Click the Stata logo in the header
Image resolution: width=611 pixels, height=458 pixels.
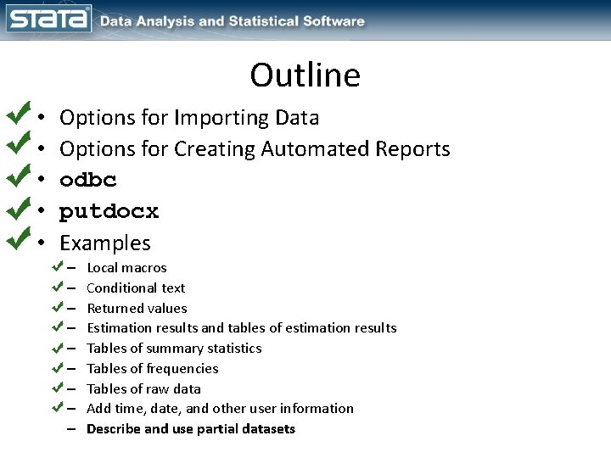(48, 20)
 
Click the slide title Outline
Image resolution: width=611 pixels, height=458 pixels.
(305, 75)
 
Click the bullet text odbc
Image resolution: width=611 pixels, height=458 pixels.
(88, 181)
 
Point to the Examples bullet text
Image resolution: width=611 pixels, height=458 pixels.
(104, 243)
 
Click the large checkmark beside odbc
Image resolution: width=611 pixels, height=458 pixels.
(17, 178)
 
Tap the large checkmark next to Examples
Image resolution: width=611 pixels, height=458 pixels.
(17, 240)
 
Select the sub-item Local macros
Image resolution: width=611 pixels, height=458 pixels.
(126, 268)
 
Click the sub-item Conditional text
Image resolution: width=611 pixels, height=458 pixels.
(136, 288)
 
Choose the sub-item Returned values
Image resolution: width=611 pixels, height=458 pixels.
(137, 308)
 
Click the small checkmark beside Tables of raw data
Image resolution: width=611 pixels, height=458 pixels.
(58, 388)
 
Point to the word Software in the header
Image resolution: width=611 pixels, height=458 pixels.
(335, 21)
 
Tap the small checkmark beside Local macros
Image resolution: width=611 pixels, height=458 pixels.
(58, 266)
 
